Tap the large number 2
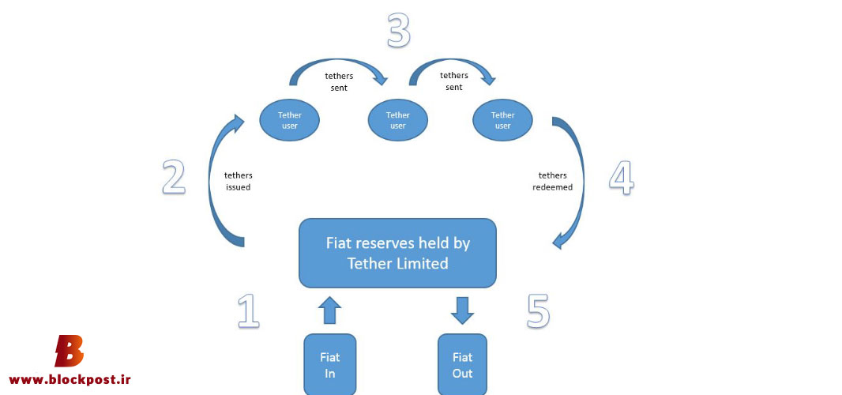(x=174, y=177)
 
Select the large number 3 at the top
(x=399, y=31)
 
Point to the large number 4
(x=622, y=177)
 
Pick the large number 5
(x=538, y=311)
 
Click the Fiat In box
(x=329, y=365)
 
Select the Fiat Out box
(x=462, y=365)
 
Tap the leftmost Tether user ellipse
(x=289, y=120)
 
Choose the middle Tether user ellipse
(x=398, y=120)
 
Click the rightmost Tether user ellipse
(x=502, y=120)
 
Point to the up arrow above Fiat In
(x=329, y=310)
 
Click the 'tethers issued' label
(x=239, y=181)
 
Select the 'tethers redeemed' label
(x=552, y=181)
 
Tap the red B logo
(x=70, y=351)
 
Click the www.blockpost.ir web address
(x=70, y=379)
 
